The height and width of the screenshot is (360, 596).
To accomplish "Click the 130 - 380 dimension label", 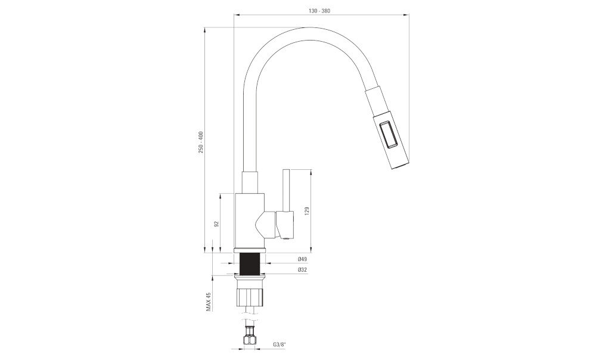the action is (x=319, y=11).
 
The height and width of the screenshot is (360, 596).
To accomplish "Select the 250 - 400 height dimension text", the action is (x=201, y=142).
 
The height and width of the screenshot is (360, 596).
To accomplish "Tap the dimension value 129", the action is (x=307, y=211).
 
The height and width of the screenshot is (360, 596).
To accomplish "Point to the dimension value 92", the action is (x=217, y=224).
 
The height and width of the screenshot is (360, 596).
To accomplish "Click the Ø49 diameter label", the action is (x=303, y=259).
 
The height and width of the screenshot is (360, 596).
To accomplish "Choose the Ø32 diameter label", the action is (x=303, y=270).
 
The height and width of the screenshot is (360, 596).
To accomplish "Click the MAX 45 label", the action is (x=208, y=302).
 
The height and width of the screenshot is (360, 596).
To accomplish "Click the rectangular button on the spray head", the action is (x=389, y=134).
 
